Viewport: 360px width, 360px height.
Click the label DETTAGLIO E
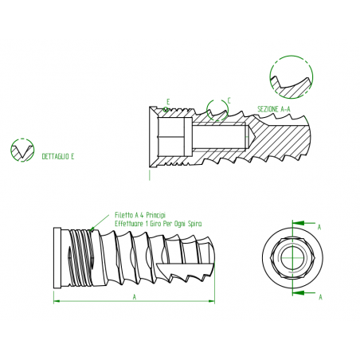(58, 156)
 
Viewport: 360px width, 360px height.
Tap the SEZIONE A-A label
(274, 109)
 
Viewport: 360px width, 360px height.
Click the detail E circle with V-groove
(22, 151)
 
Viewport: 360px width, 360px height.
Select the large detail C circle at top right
(292, 77)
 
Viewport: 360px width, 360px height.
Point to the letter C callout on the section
(229, 101)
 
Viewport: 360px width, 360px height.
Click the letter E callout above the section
(168, 102)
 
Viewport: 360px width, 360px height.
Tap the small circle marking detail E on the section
(166, 109)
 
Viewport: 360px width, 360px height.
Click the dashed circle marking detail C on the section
(217, 110)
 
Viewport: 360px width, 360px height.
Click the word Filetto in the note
(123, 215)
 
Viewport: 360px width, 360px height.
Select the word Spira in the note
(194, 224)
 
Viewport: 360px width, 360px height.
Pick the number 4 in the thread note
(142, 215)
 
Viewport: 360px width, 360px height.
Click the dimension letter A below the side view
(135, 297)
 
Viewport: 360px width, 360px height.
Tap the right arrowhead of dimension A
(212, 301)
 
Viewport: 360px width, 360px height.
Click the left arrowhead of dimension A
(57, 301)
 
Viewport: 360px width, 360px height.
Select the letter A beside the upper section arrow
(319, 227)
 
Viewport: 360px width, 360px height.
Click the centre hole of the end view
(292, 258)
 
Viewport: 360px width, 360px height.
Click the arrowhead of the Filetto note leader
(92, 229)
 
